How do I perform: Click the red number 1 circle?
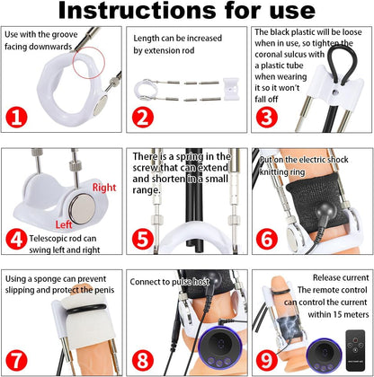16,118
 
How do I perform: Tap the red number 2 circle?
143,118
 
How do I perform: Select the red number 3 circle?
267,118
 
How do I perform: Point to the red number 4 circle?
16,239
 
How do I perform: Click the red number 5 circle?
143,239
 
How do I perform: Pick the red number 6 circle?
267,239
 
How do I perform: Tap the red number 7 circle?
16,360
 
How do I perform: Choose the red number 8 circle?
143,360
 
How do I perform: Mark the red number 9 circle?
267,360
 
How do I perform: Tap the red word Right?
104,188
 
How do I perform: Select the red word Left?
64,224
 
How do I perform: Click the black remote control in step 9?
355,350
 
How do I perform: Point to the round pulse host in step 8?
220,347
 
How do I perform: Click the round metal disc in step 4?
83,208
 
